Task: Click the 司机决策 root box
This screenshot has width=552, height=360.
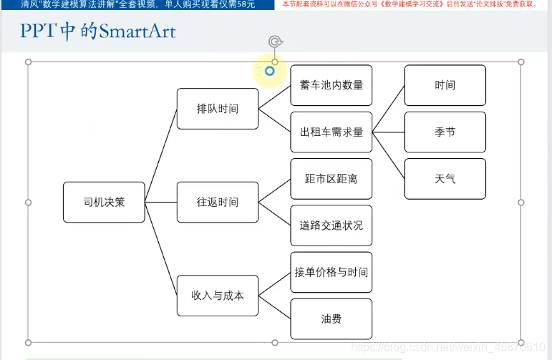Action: coord(104,203)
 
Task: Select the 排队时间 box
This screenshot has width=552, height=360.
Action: coord(218,109)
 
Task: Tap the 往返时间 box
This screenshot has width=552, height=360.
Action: coord(218,203)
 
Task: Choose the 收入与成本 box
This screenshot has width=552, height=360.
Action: coord(218,295)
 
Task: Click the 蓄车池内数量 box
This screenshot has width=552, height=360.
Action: coord(331,85)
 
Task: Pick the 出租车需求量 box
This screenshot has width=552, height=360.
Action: coord(331,132)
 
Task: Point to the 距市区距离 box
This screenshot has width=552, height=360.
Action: coord(331,179)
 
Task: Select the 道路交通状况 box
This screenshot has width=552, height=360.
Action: coord(331,225)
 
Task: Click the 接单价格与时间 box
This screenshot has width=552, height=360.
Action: coord(331,272)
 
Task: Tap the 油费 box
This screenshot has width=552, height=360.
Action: coord(331,319)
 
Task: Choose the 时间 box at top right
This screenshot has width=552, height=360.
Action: coord(445,85)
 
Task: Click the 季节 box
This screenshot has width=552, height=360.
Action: coord(445,132)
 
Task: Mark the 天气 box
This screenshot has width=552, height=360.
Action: coord(445,179)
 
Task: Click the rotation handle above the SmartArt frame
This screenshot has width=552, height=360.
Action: coord(275,42)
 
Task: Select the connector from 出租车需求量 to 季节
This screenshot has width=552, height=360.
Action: coord(389,132)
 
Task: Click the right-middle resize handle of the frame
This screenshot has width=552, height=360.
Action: coord(520,203)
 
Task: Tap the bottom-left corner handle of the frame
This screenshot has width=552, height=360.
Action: coord(29,343)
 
